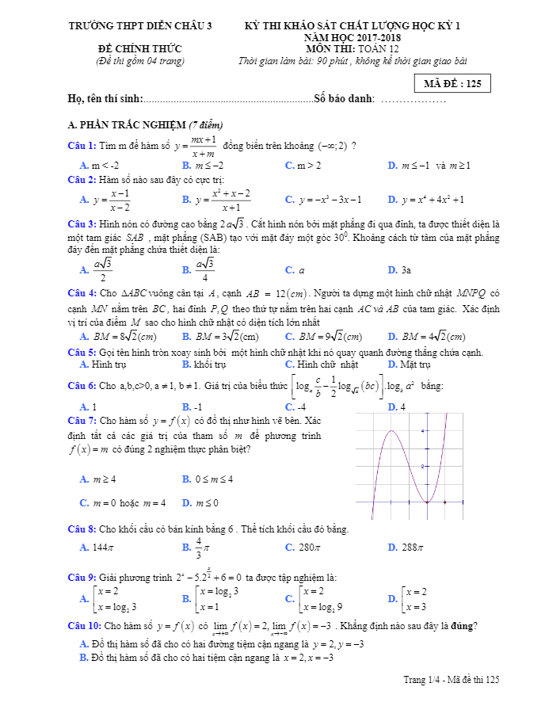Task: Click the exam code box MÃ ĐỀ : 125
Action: pyautogui.click(x=452, y=83)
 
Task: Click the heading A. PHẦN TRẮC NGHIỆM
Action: pyautogui.click(x=146, y=125)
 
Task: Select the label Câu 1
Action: pyautogui.click(x=82, y=145)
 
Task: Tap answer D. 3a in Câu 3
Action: pyautogui.click(x=400, y=270)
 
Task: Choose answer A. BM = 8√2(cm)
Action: pyautogui.click(x=119, y=336)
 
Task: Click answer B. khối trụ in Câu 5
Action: pyautogui.click(x=204, y=364)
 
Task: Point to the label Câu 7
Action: pyautogui.click(x=82, y=420)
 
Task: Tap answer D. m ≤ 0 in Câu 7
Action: pyautogui.click(x=200, y=503)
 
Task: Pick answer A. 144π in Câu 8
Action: pyautogui.click(x=98, y=548)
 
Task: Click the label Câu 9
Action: pyautogui.click(x=82, y=577)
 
